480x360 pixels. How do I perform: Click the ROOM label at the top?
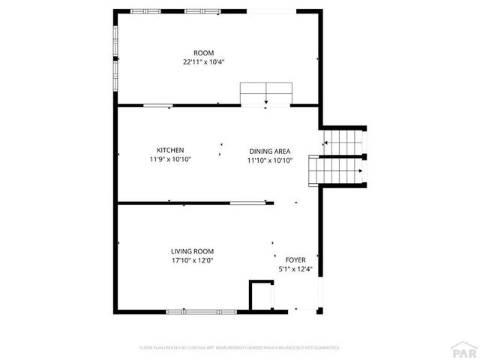click(x=204, y=52)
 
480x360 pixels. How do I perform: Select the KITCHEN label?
click(x=170, y=150)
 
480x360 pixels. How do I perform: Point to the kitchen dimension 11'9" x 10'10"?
click(x=170, y=159)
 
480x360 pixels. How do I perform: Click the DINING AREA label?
click(x=270, y=151)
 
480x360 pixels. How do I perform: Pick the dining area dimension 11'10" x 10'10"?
click(x=270, y=160)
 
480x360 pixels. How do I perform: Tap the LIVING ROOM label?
click(x=193, y=251)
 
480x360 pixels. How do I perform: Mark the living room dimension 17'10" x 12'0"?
click(x=193, y=260)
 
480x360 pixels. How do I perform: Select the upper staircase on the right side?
click(x=343, y=141)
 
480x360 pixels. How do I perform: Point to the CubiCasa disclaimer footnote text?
click(x=240, y=348)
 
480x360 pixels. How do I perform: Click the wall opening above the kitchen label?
click(x=159, y=106)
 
